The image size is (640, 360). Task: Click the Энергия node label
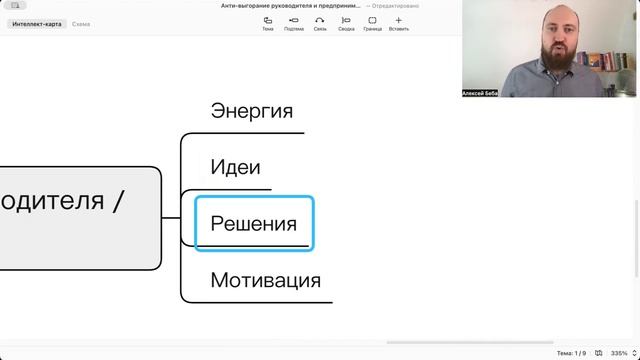click(x=251, y=111)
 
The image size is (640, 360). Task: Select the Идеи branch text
click(x=235, y=167)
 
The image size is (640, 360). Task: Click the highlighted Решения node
click(x=253, y=224)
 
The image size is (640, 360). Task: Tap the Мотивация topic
click(x=265, y=280)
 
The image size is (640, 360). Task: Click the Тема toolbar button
click(x=268, y=23)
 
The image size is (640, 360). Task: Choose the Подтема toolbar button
click(x=294, y=23)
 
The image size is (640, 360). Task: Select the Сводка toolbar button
click(x=346, y=23)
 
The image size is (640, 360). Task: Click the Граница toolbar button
click(x=372, y=23)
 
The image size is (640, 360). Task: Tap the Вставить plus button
click(x=399, y=23)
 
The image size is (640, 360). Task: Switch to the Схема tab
click(x=81, y=23)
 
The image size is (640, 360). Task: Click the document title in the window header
click(x=291, y=6)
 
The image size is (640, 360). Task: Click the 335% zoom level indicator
click(x=618, y=353)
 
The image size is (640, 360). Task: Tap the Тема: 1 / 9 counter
click(x=571, y=353)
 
